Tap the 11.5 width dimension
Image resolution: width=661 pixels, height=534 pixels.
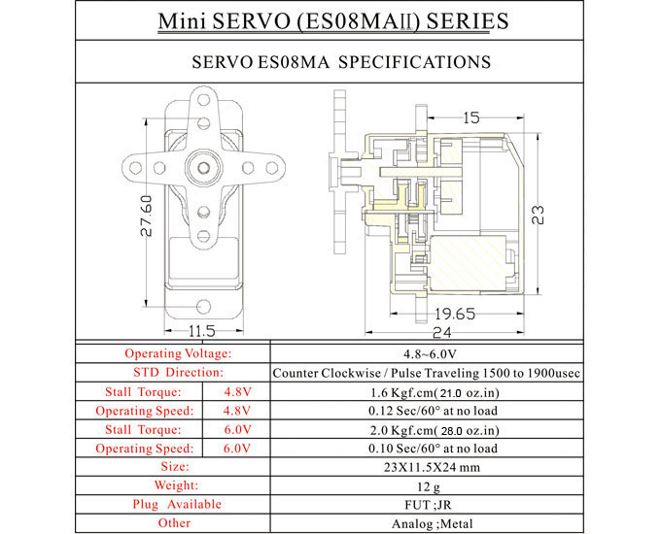[203, 331]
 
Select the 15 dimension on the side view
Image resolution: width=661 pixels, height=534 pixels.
[471, 118]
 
